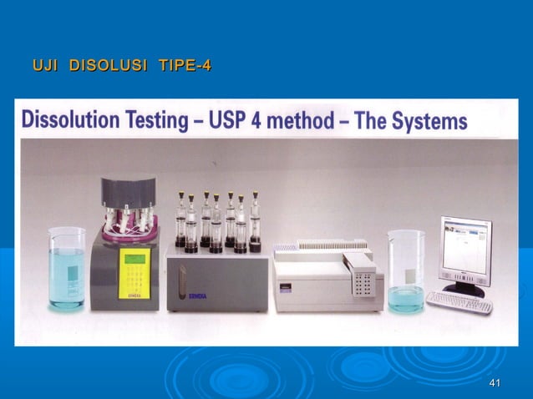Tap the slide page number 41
pyautogui.click(x=495, y=382)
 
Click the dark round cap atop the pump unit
pyautogui.click(x=129, y=189)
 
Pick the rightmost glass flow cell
pyautogui.click(x=254, y=222)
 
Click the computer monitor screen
pyautogui.click(x=465, y=250)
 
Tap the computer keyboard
pyautogui.click(x=459, y=301)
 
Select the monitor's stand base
pyautogui.click(x=463, y=290)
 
